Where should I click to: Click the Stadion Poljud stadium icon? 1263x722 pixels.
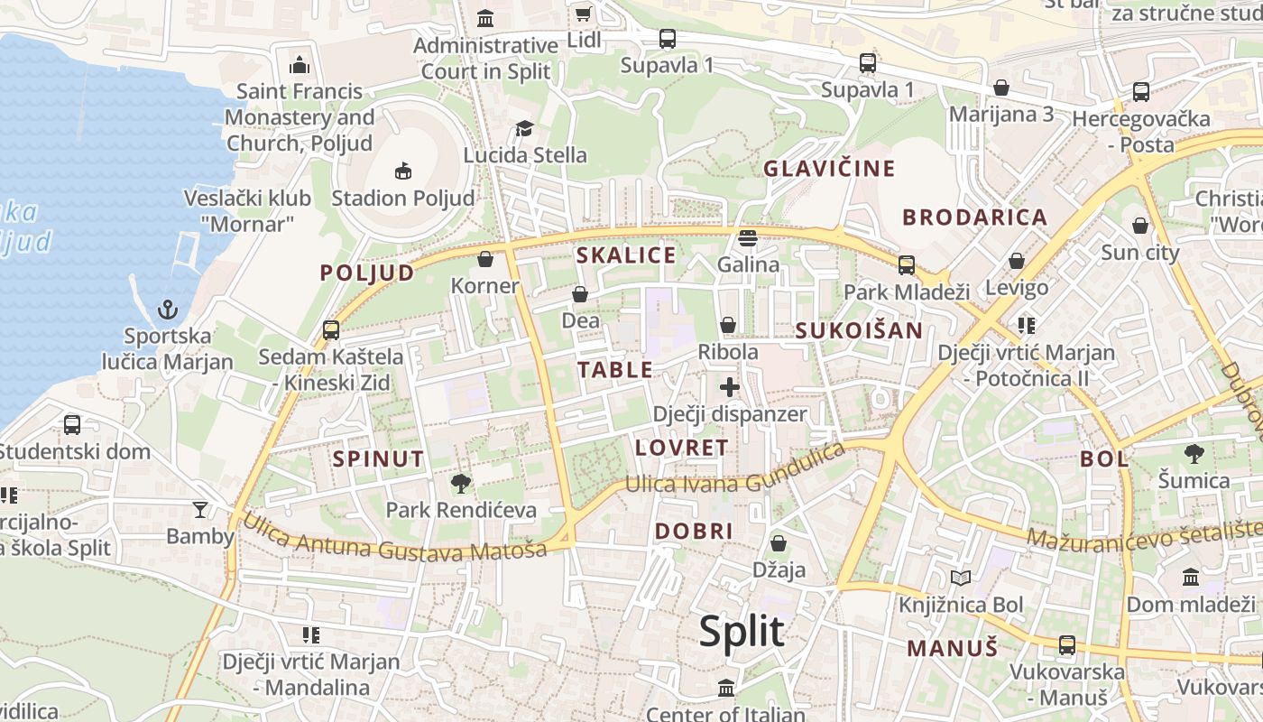coord(402,171)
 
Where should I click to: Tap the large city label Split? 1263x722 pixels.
coord(742,632)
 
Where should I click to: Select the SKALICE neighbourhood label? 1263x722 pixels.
coord(626,255)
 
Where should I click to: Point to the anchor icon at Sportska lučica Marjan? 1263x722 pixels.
coord(168,310)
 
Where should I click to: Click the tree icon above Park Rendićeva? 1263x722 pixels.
coord(461,484)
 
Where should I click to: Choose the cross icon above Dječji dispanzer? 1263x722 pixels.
coord(729,388)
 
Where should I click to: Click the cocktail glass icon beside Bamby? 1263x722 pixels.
coord(200,510)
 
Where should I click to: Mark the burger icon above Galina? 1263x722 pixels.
coord(747,238)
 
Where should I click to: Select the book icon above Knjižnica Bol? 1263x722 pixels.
coord(961,578)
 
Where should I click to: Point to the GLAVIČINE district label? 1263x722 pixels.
coord(829,169)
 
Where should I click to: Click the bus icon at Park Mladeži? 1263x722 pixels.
coord(906,265)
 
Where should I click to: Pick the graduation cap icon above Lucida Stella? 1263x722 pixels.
coord(524,129)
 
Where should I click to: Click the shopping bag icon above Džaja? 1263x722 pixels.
coord(779,544)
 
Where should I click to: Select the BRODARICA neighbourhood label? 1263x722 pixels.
coord(974,218)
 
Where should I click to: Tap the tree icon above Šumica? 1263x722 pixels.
coord(1194,454)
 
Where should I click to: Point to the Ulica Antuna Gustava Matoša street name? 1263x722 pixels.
coord(395,538)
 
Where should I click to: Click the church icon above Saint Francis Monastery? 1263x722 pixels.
coord(300,65)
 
